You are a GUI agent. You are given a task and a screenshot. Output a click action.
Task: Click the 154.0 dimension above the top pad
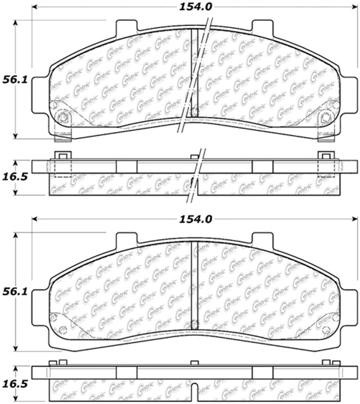point(196,7)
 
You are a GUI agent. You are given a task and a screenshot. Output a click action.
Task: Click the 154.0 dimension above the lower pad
point(196,219)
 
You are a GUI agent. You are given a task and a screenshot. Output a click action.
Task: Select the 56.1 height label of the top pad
point(15,80)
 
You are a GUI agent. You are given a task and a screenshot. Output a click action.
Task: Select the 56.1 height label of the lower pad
point(15,292)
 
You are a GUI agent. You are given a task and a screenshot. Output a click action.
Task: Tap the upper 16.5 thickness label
point(15,177)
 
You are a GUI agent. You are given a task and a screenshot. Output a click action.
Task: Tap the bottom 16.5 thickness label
point(15,384)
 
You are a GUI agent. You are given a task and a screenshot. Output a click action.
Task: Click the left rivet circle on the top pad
point(62,118)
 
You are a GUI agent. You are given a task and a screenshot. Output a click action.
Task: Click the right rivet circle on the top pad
point(326,118)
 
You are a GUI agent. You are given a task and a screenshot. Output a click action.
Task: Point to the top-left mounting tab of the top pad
point(127,26)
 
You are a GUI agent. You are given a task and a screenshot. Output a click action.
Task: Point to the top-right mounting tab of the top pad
point(262,26)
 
